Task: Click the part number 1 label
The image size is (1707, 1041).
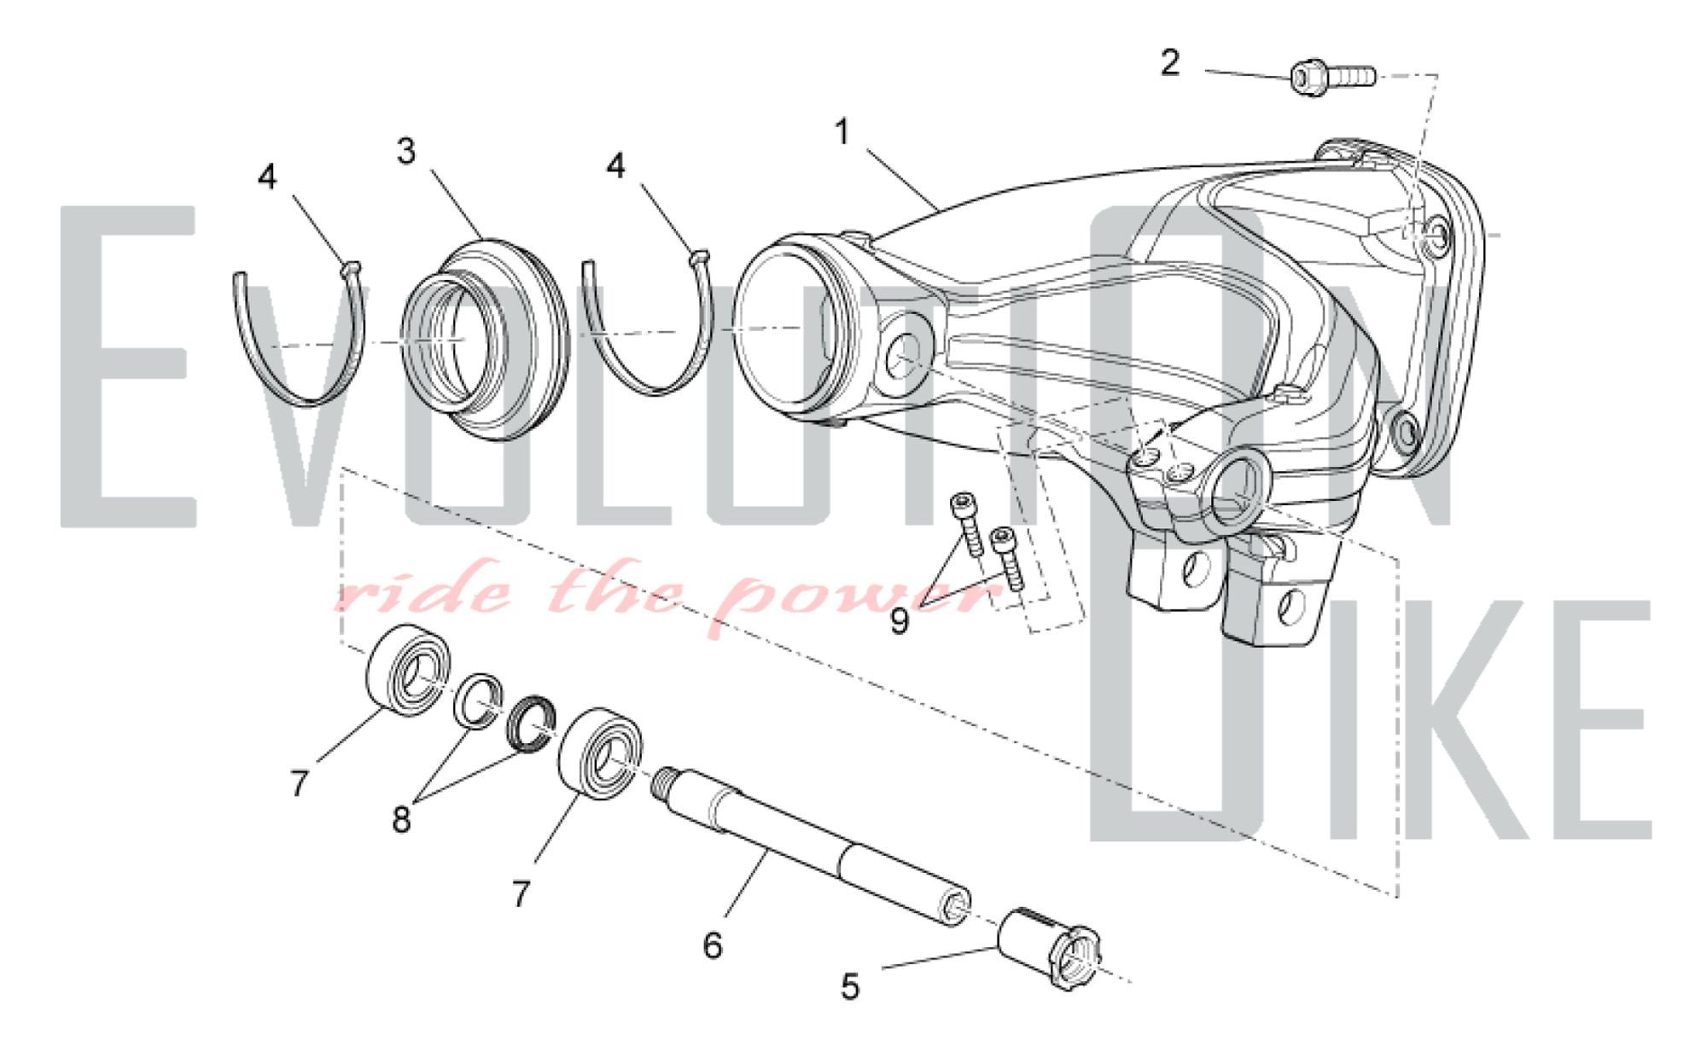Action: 842,132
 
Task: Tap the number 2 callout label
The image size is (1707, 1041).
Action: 1170,62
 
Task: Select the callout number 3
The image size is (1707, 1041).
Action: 406,151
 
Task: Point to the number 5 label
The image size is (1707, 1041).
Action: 850,986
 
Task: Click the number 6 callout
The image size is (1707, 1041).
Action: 713,945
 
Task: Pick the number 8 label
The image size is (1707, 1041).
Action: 401,819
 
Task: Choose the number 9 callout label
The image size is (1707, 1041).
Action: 900,621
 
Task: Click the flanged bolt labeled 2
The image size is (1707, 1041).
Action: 1332,78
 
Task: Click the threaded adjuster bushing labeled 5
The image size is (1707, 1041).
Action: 1051,950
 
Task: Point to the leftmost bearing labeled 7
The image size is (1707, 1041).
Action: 409,670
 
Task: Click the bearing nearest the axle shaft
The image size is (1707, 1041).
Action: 601,753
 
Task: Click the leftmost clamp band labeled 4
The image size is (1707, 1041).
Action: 299,333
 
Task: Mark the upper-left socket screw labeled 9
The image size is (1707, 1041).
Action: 967,523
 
